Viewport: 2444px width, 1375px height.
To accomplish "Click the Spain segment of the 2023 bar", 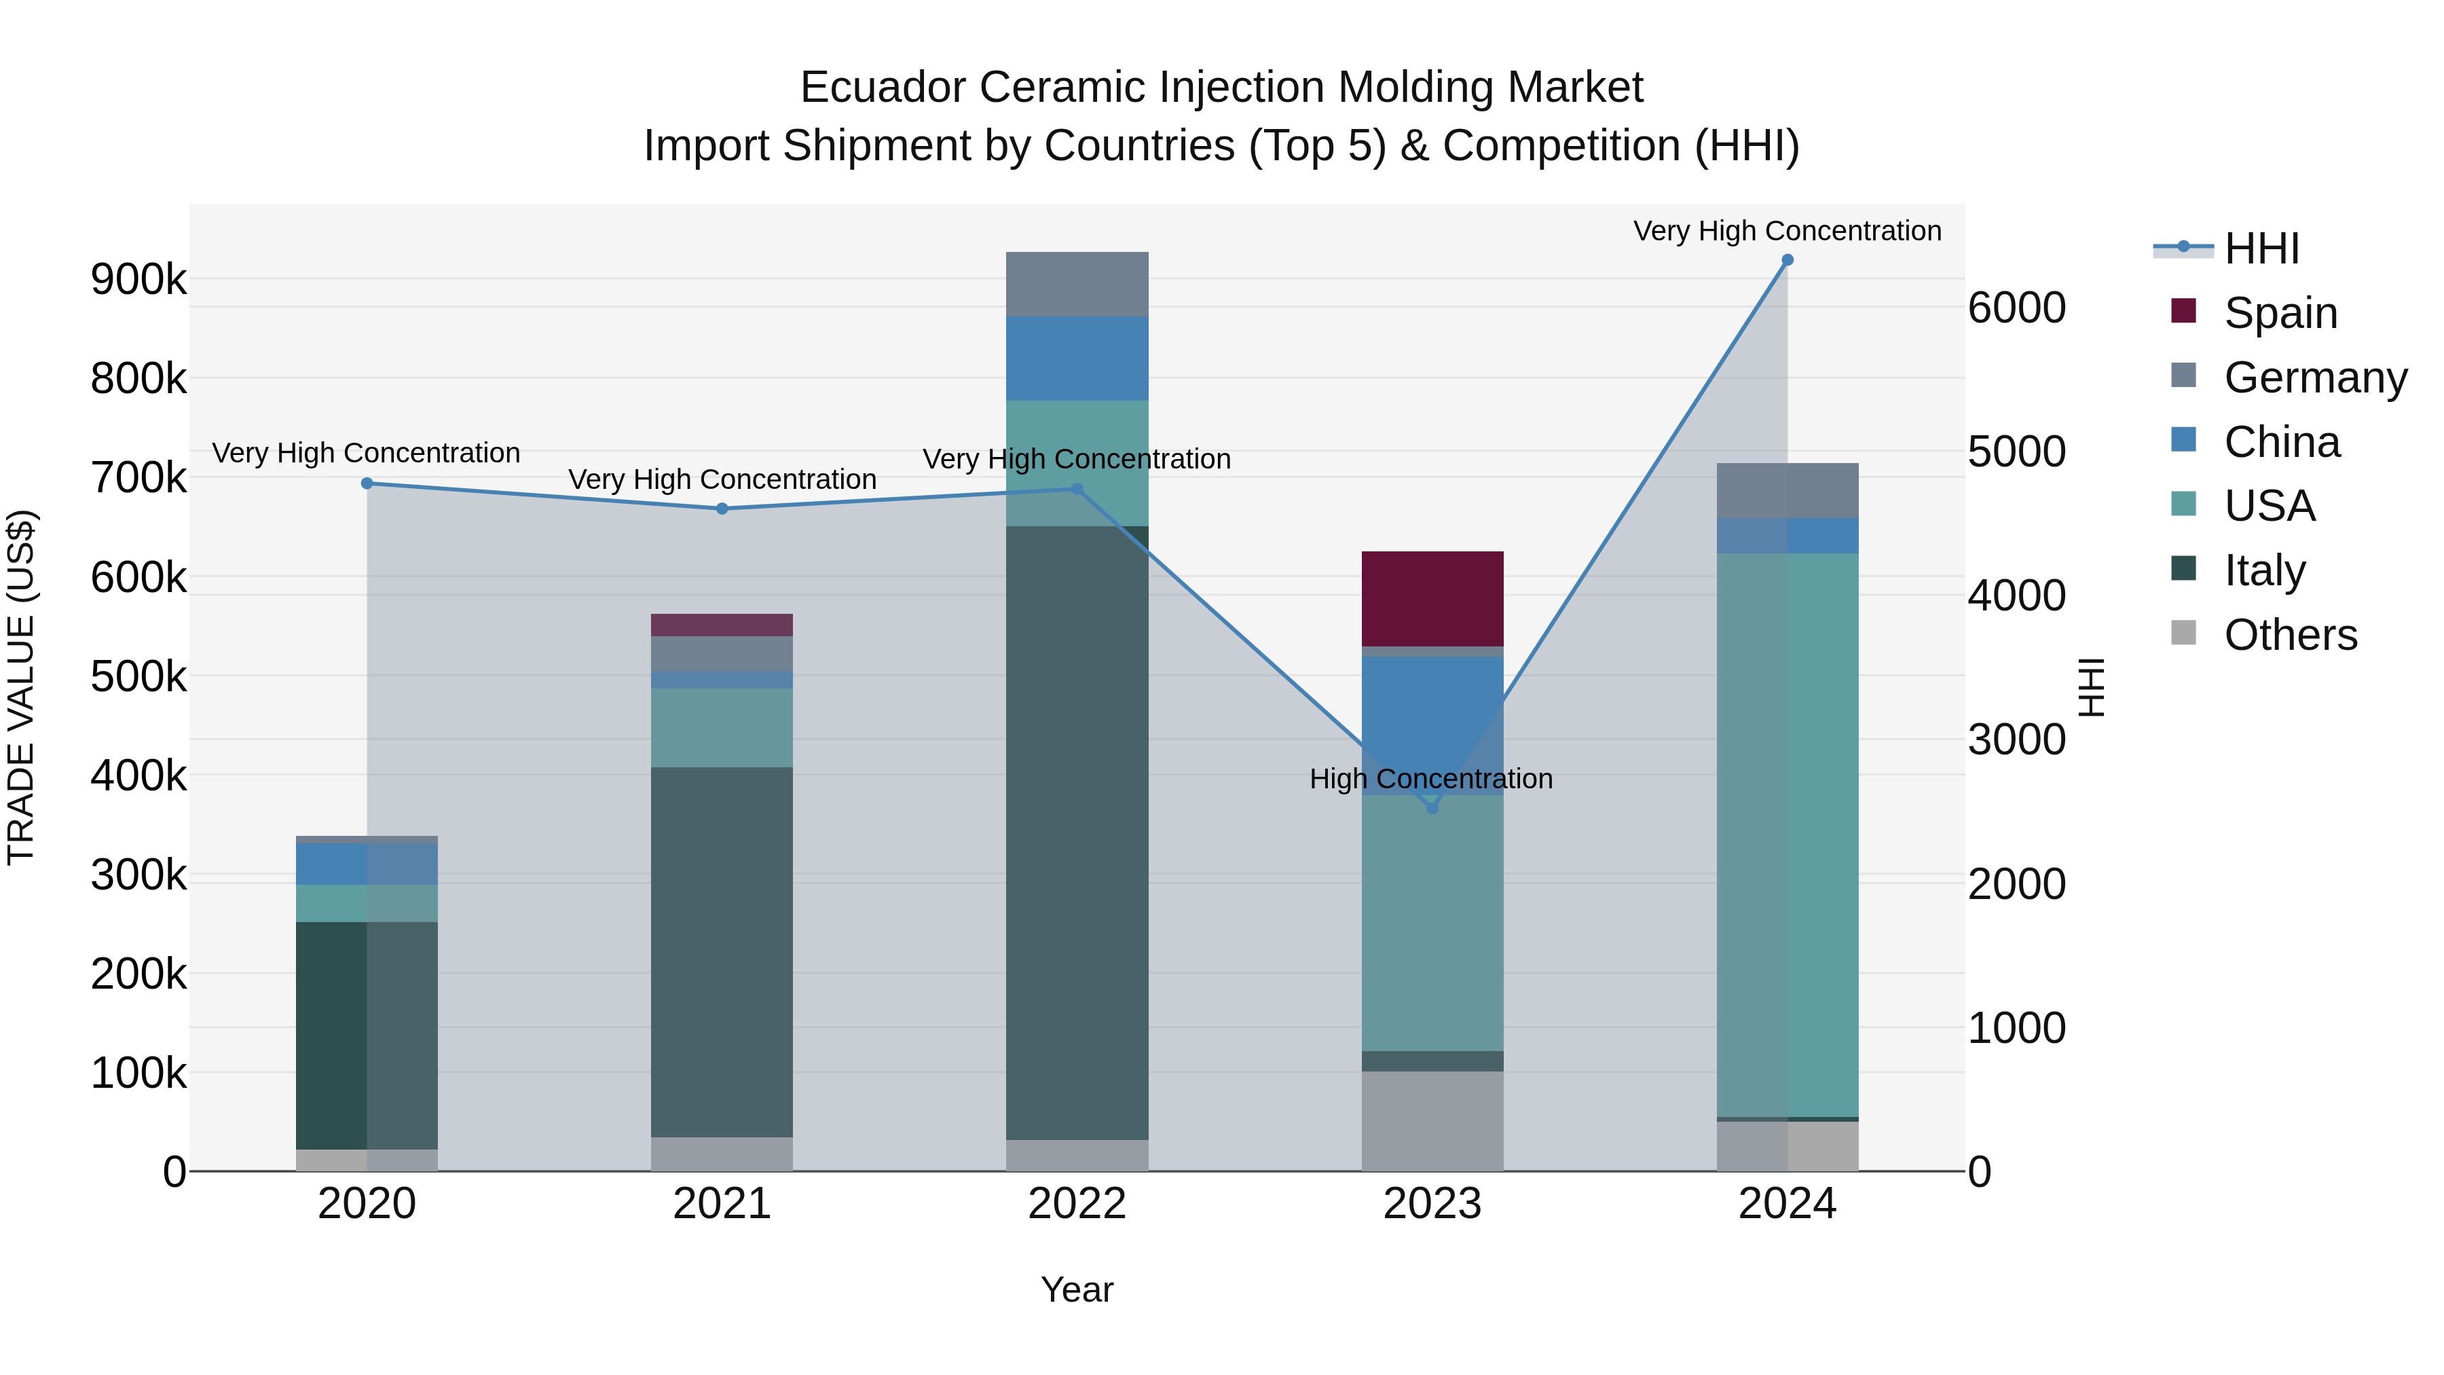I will coord(1432,598).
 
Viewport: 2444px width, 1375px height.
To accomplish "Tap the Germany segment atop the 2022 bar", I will coord(1077,284).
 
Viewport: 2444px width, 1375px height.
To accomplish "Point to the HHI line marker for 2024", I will coord(1788,260).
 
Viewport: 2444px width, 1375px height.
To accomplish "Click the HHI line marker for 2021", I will coord(722,509).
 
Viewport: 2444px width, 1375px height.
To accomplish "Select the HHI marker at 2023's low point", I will coord(1432,809).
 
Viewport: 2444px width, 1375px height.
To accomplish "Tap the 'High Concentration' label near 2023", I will coord(1430,779).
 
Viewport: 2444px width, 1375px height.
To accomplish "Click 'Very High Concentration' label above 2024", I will coord(1787,231).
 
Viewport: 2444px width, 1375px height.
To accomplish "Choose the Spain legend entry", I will coord(2280,313).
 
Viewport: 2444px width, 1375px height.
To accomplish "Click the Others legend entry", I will coord(2289,635).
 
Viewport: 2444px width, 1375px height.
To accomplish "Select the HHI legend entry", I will coord(2261,249).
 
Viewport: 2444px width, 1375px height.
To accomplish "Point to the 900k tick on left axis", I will coord(138,279).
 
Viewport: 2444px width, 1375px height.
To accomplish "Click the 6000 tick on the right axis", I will coord(2016,308).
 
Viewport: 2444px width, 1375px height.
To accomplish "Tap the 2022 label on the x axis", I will coord(1077,1204).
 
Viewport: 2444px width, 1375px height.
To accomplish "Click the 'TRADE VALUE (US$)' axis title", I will coord(21,687).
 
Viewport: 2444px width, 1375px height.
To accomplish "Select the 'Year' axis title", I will coord(1077,1289).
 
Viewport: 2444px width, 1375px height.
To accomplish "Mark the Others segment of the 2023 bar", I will coord(1432,1120).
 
